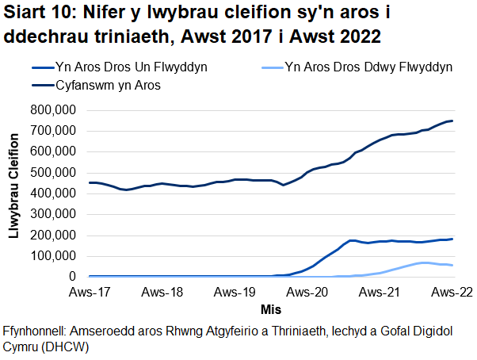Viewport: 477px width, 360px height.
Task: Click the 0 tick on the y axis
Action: pos(76,278)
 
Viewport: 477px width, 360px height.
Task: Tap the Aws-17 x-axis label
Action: pos(87,293)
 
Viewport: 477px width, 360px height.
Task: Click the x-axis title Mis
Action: pos(270,308)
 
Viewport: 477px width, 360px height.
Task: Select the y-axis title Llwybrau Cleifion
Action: pos(14,193)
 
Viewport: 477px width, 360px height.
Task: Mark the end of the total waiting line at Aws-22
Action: pos(452,121)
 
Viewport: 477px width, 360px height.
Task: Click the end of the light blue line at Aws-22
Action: pos(452,266)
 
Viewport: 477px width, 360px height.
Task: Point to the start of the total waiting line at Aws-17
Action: pos(89,182)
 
